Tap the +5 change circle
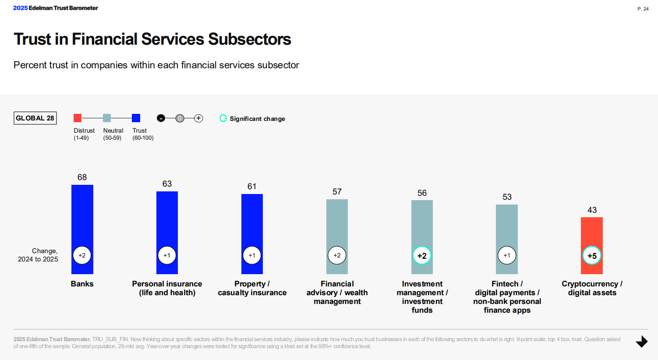592,255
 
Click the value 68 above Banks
82,177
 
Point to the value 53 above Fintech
507,197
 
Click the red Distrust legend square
78,118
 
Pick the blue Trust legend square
136,118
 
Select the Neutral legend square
107,118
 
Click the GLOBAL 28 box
35,118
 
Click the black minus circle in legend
161,118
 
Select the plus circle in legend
198,118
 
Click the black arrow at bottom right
642,342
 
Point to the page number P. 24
643,9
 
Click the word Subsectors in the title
250,39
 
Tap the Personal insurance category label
167,288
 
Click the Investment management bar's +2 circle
422,255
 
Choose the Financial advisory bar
337,236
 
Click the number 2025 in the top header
20,8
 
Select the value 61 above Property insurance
252,187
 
